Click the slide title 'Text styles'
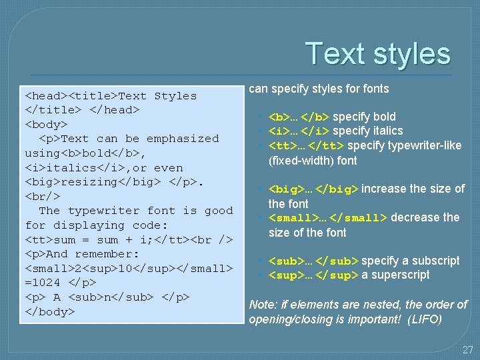point(378,54)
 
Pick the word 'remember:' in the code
point(107,254)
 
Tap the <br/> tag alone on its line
point(43,197)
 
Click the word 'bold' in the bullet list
point(383,117)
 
